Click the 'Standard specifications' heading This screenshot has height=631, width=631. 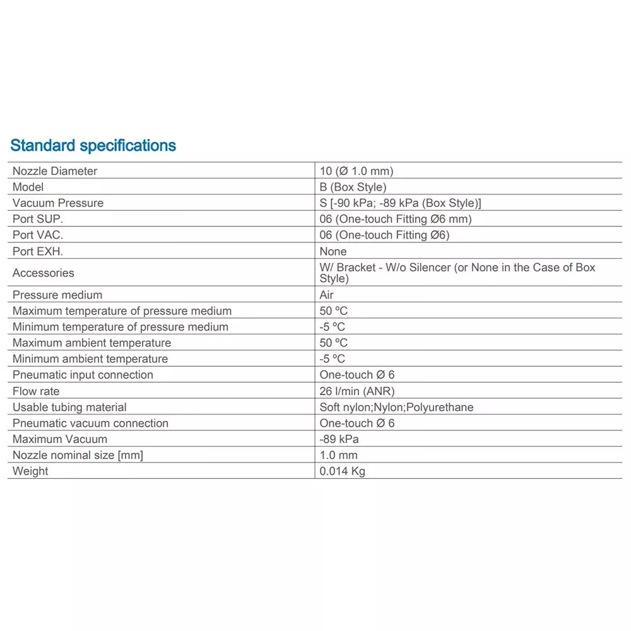click(93, 146)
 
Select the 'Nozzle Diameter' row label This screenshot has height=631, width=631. click(55, 171)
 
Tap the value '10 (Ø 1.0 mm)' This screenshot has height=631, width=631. click(356, 171)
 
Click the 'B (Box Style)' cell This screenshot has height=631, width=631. click(353, 187)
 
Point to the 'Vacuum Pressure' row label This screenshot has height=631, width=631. click(58, 203)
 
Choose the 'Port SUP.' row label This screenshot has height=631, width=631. click(38, 219)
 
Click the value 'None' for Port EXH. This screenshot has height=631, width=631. click(333, 251)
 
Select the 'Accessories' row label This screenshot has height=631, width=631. click(43, 273)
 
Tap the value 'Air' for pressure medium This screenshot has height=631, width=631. click(326, 295)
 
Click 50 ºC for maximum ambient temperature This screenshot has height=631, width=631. click(333, 343)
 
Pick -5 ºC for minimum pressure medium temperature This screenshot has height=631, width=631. click(333, 327)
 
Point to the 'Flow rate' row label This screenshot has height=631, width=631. click(36, 391)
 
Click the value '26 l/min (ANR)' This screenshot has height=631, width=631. click(357, 391)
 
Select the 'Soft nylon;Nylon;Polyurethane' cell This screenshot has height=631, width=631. click(396, 407)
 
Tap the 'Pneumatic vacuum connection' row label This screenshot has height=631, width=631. click(90, 423)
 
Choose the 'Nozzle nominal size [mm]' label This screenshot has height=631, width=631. click(78, 455)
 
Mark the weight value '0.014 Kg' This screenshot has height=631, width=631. click(342, 471)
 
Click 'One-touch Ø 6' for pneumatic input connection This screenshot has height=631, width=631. click(357, 375)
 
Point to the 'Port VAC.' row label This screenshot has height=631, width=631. click(38, 235)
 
